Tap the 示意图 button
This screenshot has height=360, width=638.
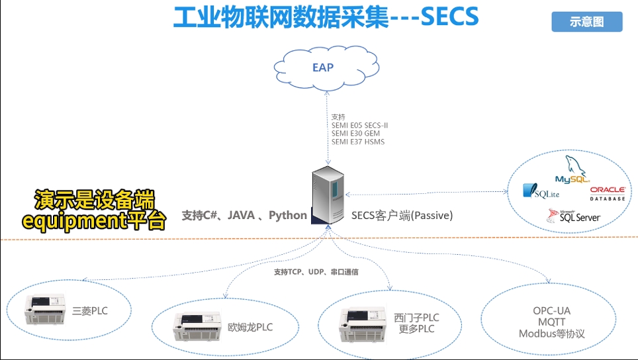tap(587, 22)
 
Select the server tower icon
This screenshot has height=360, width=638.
tap(328, 197)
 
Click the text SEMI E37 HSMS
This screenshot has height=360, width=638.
tap(358, 142)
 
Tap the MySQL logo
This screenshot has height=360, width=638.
tap(572, 173)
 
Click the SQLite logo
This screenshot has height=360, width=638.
tap(541, 191)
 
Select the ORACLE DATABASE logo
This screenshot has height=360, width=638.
tap(608, 194)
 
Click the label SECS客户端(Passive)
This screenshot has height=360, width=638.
tap(402, 215)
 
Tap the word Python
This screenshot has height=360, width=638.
tap(288, 215)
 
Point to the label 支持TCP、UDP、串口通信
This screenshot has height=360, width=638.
tap(316, 272)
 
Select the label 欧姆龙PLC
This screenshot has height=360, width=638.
tap(250, 327)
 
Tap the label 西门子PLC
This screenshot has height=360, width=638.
tap(416, 318)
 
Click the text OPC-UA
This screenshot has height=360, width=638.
tap(551, 310)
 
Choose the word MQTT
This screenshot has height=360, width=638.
tap(551, 322)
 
